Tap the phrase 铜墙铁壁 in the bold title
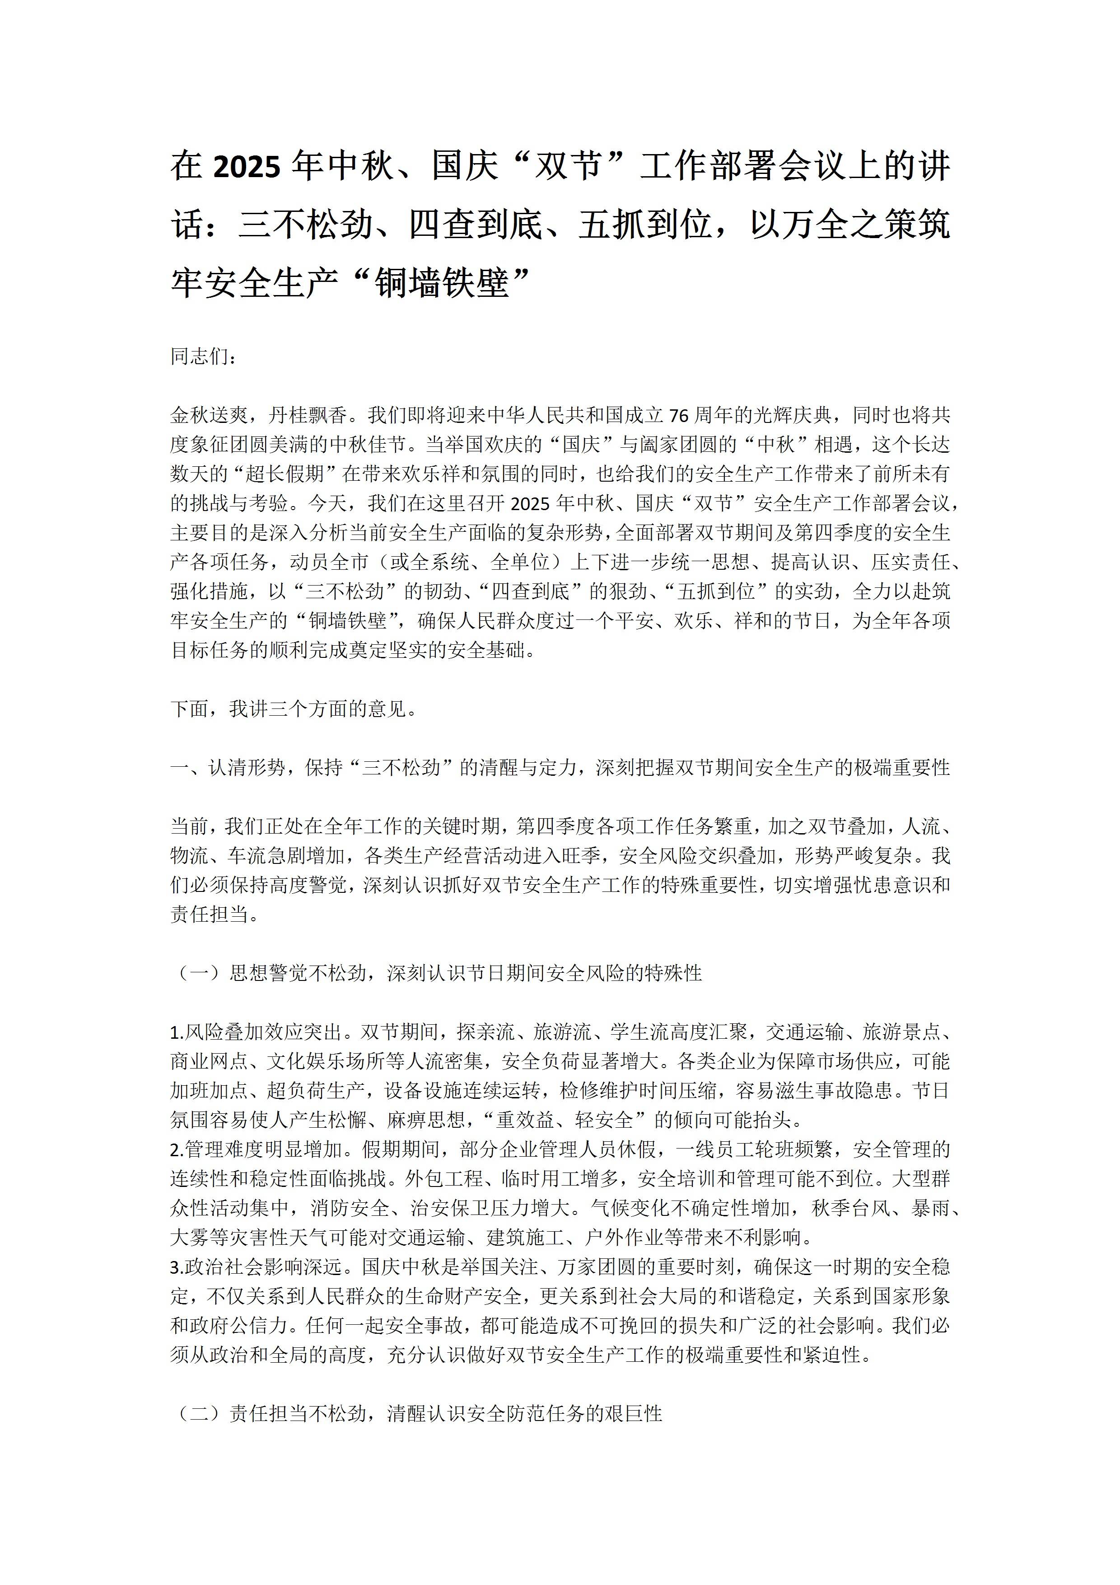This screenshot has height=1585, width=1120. pos(442,283)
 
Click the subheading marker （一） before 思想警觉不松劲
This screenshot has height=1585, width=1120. pos(199,973)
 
